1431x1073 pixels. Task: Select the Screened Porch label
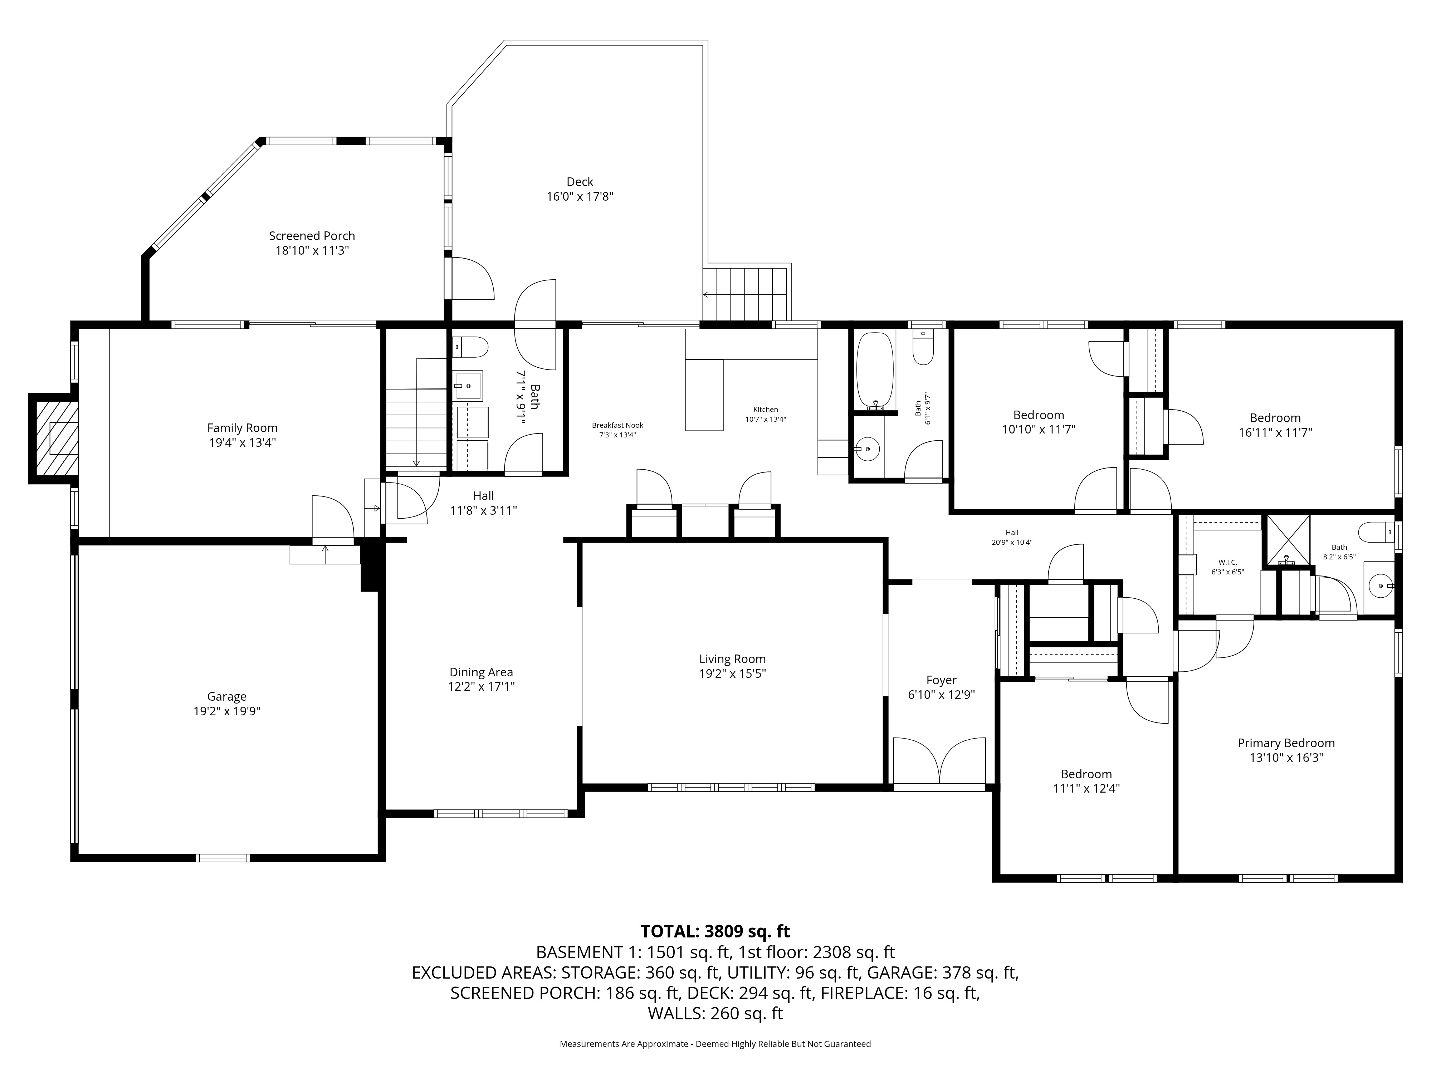(x=312, y=236)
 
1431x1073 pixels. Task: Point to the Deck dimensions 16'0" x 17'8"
(x=580, y=196)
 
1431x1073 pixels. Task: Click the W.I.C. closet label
(x=1227, y=563)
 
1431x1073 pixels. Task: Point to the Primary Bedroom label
(x=1286, y=743)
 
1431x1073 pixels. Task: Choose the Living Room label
(x=732, y=659)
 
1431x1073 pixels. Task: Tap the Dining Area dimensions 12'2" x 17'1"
(x=481, y=687)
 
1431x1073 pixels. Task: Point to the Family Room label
(x=243, y=428)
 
